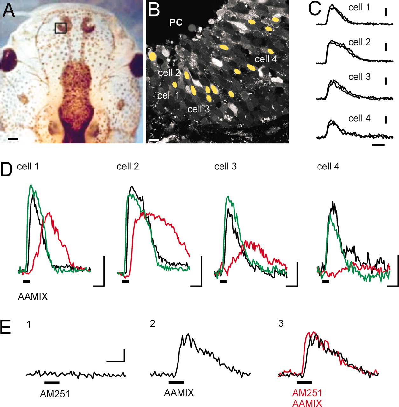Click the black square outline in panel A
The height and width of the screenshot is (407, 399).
tap(60, 28)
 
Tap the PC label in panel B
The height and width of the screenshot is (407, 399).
tap(176, 22)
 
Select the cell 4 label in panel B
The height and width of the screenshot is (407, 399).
tap(266, 59)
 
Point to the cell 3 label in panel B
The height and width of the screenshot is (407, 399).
tap(199, 109)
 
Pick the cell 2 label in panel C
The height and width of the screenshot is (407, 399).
tap(360, 42)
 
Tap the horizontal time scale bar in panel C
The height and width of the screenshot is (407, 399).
tap(378, 145)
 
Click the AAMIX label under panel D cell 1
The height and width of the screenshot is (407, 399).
tap(33, 297)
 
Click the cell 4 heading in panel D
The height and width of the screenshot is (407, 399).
tap(328, 167)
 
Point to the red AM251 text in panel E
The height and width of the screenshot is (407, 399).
tap(307, 393)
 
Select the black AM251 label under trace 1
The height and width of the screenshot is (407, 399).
tap(55, 394)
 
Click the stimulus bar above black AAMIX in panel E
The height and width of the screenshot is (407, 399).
tap(176, 382)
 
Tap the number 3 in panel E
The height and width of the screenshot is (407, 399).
tap(281, 324)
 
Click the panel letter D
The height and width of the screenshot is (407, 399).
tap(7, 169)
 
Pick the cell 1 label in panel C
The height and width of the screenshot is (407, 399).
tap(360, 8)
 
